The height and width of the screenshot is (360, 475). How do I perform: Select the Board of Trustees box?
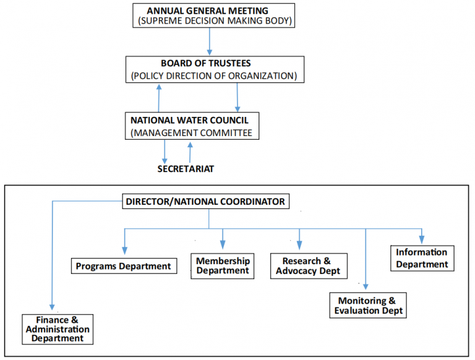tap(215, 70)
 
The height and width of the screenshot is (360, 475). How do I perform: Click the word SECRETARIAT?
tap(186, 169)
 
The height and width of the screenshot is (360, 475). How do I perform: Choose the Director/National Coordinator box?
tap(205, 201)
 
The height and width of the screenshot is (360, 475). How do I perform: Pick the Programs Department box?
tap(123, 266)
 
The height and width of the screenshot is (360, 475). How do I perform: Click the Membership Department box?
tap(223, 265)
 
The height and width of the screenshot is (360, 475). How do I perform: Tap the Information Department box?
tap(422, 258)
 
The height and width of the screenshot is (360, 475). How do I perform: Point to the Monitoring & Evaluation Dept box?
tap(369, 305)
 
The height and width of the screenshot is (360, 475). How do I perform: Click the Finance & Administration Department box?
tap(57, 328)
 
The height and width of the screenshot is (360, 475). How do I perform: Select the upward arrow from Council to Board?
tap(160, 97)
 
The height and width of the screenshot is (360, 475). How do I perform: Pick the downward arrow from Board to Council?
tap(237, 97)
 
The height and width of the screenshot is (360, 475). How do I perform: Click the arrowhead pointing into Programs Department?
tap(125, 251)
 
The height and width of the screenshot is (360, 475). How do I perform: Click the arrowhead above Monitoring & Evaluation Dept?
tap(366, 285)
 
